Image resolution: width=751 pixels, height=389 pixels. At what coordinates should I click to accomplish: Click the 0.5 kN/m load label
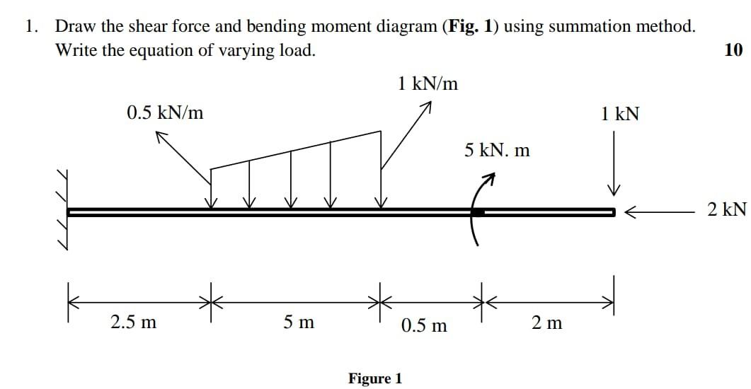pyautogui.click(x=165, y=112)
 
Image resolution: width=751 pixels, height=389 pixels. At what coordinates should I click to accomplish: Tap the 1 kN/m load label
pyautogui.click(x=428, y=84)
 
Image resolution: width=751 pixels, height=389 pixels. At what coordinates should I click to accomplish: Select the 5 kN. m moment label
pyautogui.click(x=497, y=150)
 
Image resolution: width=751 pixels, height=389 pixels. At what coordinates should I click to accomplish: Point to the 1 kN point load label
pyautogui.click(x=619, y=114)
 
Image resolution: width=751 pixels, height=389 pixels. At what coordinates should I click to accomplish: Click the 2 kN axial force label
pyautogui.click(x=726, y=209)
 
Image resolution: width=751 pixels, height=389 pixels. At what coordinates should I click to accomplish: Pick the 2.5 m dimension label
pyautogui.click(x=134, y=323)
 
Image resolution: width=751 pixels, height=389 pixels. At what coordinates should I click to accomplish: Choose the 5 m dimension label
pyautogui.click(x=299, y=323)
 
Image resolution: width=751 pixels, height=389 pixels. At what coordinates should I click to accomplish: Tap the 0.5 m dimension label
pyautogui.click(x=424, y=325)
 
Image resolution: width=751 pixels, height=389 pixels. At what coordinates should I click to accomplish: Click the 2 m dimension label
pyautogui.click(x=546, y=323)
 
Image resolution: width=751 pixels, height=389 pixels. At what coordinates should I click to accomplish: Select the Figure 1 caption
pyautogui.click(x=375, y=378)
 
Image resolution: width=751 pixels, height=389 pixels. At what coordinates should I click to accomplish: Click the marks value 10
pyautogui.click(x=734, y=50)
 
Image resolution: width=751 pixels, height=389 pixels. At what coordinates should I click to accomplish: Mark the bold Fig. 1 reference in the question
pyautogui.click(x=466, y=27)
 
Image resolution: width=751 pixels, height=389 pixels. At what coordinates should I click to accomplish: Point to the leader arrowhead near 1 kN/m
pyautogui.click(x=425, y=108)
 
